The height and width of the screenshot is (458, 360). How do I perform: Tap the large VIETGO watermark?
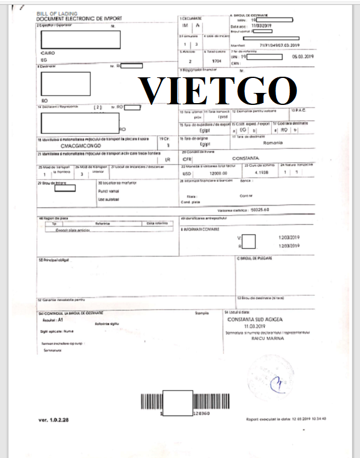pos(219,92)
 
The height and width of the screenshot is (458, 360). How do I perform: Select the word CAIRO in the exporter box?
pos(47,53)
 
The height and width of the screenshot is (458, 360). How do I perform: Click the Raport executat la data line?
pos(286,419)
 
